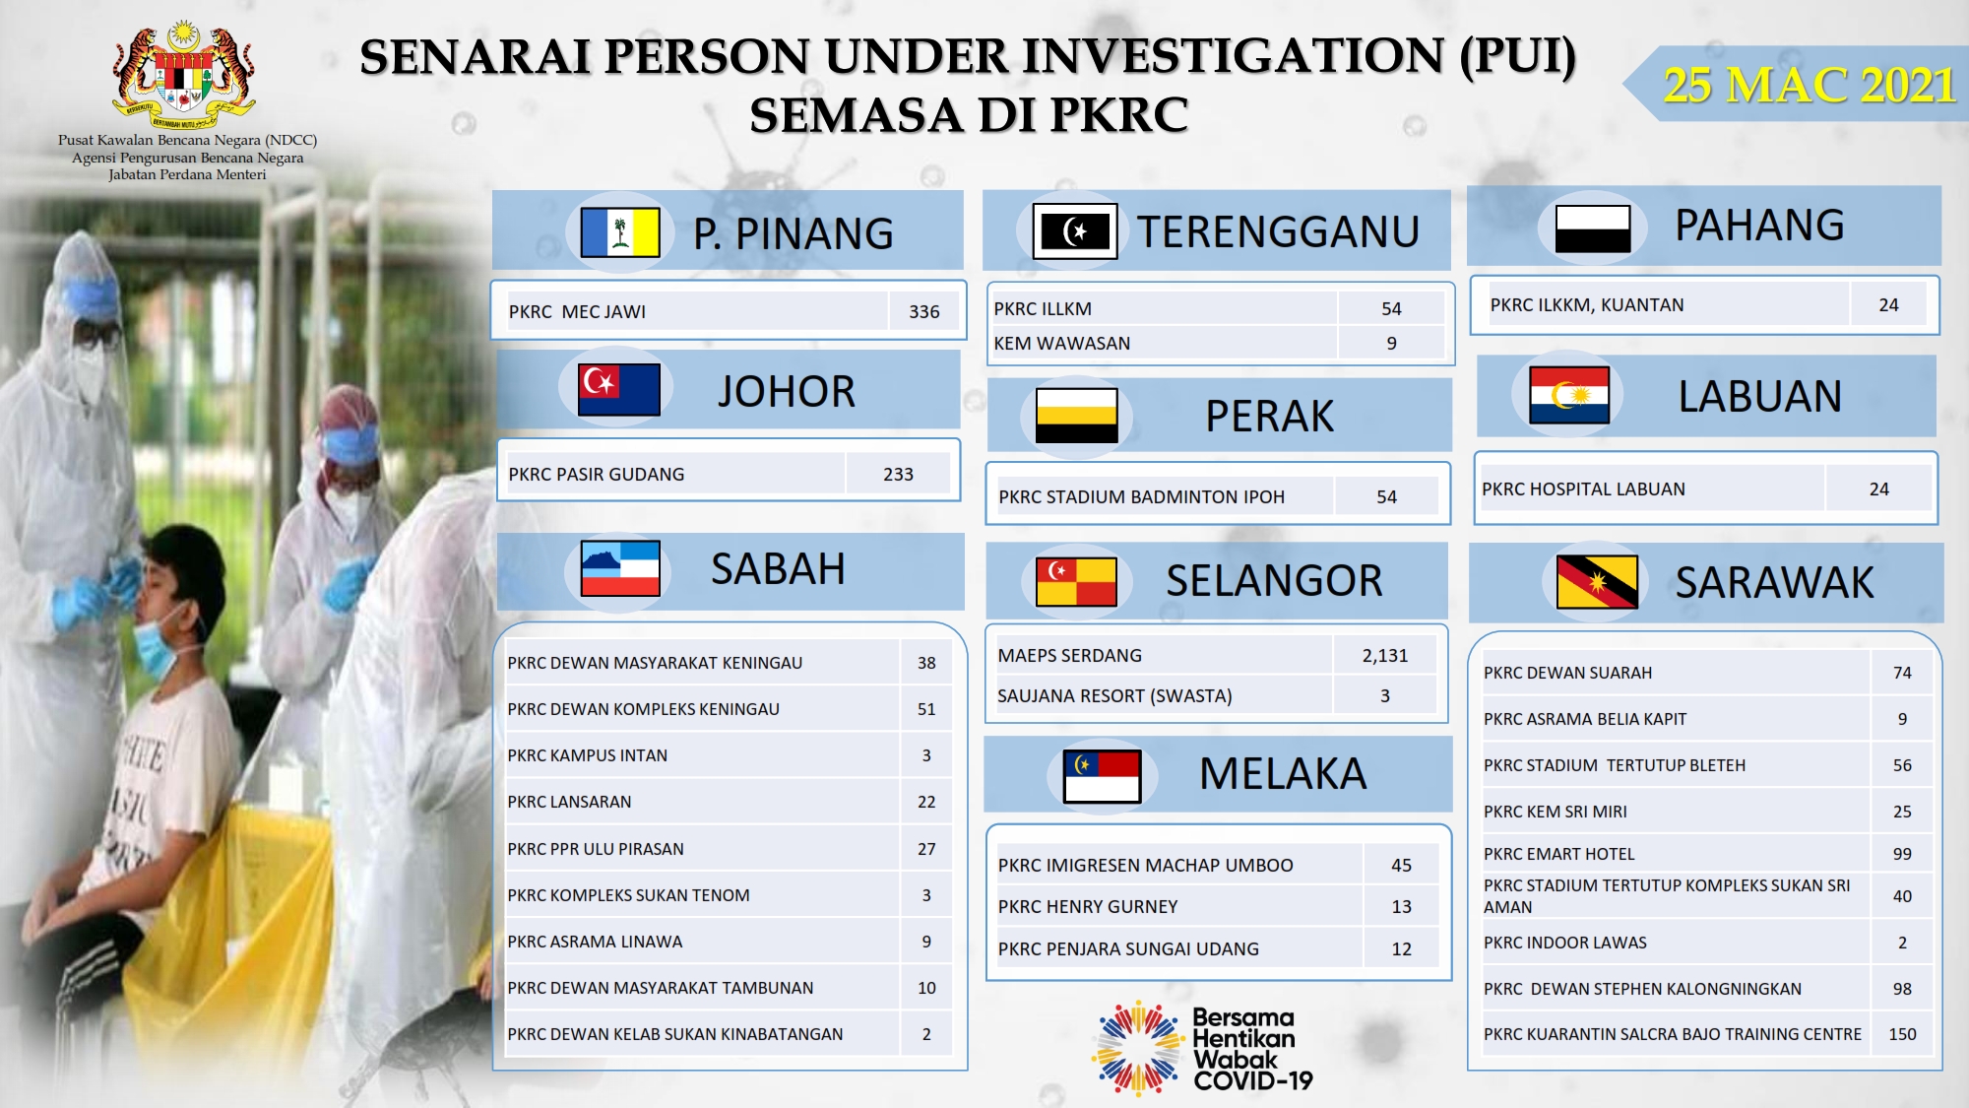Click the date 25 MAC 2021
(x=1810, y=85)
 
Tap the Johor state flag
(x=619, y=389)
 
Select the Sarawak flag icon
(x=1597, y=581)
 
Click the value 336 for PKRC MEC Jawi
(x=923, y=311)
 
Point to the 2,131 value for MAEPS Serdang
(x=1384, y=655)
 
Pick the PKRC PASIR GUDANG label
(x=596, y=474)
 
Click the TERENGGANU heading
(x=1278, y=231)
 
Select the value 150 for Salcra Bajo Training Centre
(x=1902, y=1034)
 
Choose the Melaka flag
(x=1102, y=776)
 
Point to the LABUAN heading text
(x=1759, y=396)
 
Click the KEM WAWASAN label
(x=1061, y=343)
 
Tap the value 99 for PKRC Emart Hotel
(x=1902, y=854)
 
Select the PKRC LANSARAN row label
(x=569, y=802)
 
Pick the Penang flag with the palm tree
(x=620, y=232)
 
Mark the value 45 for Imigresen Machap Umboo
(x=1401, y=865)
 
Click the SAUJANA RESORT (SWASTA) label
(x=1114, y=695)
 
